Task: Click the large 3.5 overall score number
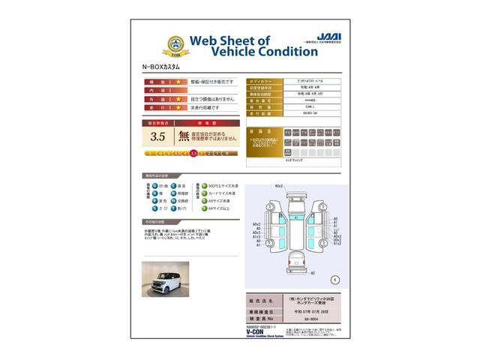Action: tap(157, 136)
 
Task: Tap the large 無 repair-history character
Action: tap(184, 136)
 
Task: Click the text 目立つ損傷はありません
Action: tap(212, 99)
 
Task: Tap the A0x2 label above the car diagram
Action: tap(278, 185)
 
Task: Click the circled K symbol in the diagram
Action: tap(335, 278)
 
